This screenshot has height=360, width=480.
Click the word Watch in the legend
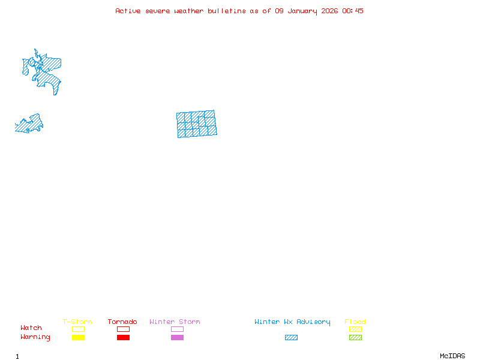(x=31, y=328)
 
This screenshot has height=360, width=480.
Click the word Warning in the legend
(x=35, y=337)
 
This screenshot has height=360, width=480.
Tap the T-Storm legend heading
(x=77, y=322)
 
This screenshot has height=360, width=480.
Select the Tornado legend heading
(x=122, y=322)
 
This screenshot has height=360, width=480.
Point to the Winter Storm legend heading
(x=175, y=322)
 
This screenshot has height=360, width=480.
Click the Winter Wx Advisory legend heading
(x=292, y=322)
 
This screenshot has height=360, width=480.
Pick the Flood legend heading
(x=355, y=322)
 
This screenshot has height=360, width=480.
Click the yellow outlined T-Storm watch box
(x=78, y=329)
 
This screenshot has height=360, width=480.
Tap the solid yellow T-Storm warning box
(x=78, y=337)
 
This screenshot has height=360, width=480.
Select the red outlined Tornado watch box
(x=123, y=329)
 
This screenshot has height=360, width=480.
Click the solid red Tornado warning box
(x=123, y=337)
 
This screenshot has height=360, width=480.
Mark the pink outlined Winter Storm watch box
(x=177, y=329)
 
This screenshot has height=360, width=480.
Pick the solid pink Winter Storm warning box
(x=177, y=337)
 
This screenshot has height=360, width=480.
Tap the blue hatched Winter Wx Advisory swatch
(x=291, y=337)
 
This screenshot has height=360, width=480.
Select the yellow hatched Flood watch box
(x=355, y=329)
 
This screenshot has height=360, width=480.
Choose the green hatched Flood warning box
(x=355, y=337)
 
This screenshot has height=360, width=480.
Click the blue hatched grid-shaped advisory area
(x=196, y=124)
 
